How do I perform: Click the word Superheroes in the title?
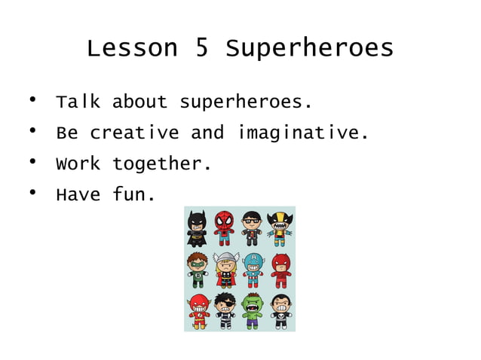coord(309,49)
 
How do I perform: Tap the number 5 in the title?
coord(201,49)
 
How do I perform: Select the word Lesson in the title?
coord(132,49)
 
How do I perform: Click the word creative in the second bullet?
coord(134,133)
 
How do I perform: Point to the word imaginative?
coord(303,133)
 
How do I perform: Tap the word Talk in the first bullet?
coord(78,102)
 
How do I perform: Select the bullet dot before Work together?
coord(33,161)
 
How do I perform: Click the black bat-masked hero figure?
coord(198,227)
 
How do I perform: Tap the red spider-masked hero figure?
coord(225,227)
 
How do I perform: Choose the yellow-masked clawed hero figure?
coord(280,227)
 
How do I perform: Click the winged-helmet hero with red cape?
coord(225,270)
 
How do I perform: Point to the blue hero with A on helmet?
coord(252,270)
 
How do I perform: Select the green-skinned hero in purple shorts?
coord(252,310)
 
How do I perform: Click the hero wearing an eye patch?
coord(225,310)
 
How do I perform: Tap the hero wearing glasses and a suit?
coord(252,227)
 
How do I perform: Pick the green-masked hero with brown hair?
coord(198,270)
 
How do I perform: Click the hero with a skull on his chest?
coord(280,310)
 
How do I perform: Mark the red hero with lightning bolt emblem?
coord(198,310)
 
